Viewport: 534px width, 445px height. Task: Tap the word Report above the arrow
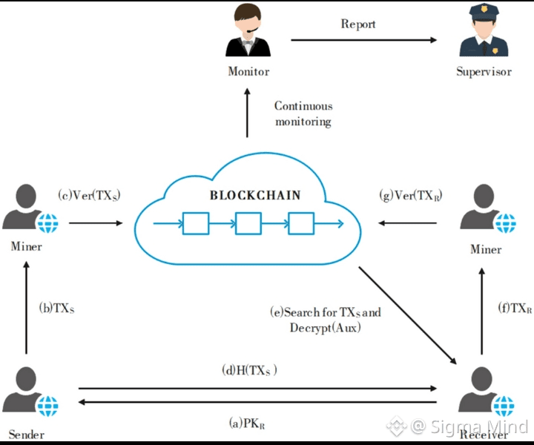pos(358,24)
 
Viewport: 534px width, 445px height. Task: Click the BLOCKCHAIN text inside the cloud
pos(255,196)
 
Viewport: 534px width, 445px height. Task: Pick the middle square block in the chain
pos(246,223)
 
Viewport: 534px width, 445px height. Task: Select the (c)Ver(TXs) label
pos(90,196)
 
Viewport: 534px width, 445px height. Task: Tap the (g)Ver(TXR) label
pos(410,196)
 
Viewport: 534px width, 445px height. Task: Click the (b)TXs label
pos(56,306)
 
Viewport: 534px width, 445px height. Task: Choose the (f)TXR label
pos(515,306)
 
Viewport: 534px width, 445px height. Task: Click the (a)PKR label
pos(247,423)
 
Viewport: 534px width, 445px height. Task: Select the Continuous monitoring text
pos(303,113)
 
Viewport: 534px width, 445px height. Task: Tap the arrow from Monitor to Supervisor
pos(363,41)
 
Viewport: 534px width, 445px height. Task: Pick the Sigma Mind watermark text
pos(469,426)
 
